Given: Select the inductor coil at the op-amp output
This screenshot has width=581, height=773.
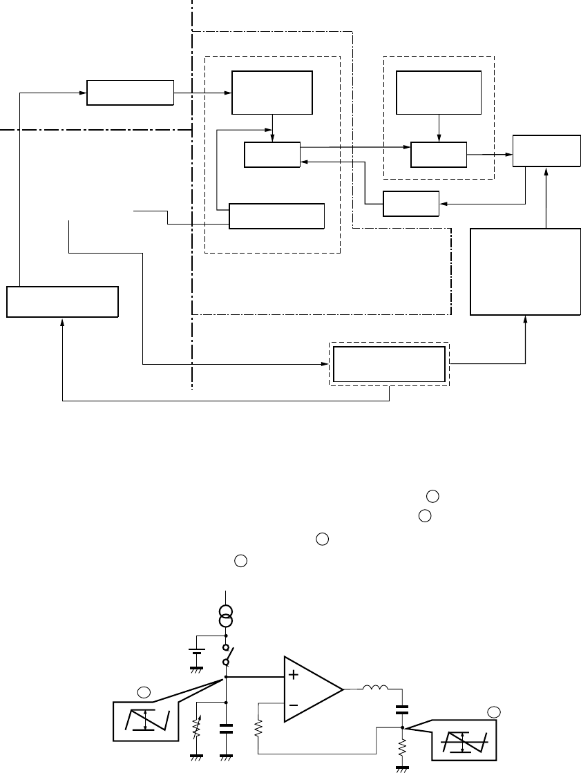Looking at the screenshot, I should click(x=376, y=688).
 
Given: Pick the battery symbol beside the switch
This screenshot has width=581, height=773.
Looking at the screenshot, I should click(x=197, y=652).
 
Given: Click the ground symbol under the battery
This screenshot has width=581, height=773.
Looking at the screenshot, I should click(x=197, y=669).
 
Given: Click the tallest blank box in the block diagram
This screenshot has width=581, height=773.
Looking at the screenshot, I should click(x=525, y=271).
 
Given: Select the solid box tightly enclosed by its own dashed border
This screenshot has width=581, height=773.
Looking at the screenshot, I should click(x=389, y=364).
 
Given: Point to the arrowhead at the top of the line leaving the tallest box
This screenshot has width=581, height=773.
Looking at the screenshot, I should click(x=547, y=171).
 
